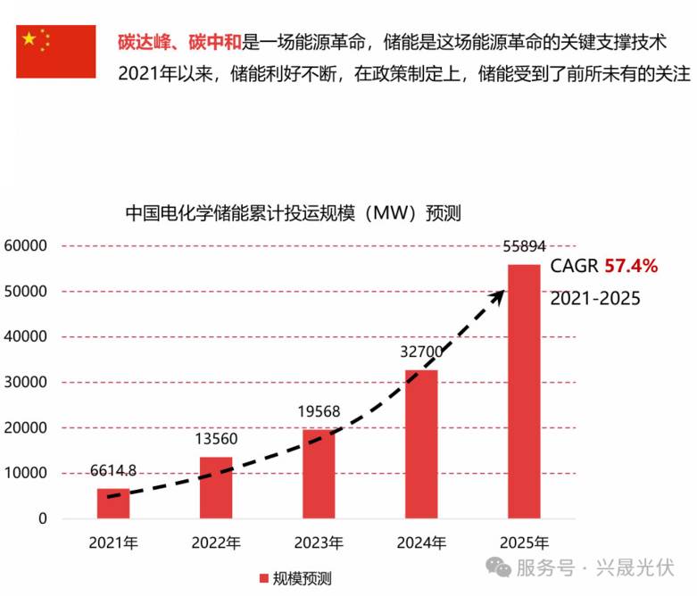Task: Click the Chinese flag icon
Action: click(x=55, y=52)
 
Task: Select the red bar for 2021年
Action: click(x=113, y=503)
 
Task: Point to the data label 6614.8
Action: click(x=113, y=470)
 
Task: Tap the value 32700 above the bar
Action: click(x=421, y=352)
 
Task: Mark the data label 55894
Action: click(x=524, y=246)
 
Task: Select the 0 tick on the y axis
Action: click(x=43, y=518)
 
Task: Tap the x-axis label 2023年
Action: click(x=319, y=542)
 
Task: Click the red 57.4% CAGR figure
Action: click(x=631, y=266)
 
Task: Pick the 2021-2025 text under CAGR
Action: click(x=595, y=298)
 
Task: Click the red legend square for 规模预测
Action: click(x=264, y=578)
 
